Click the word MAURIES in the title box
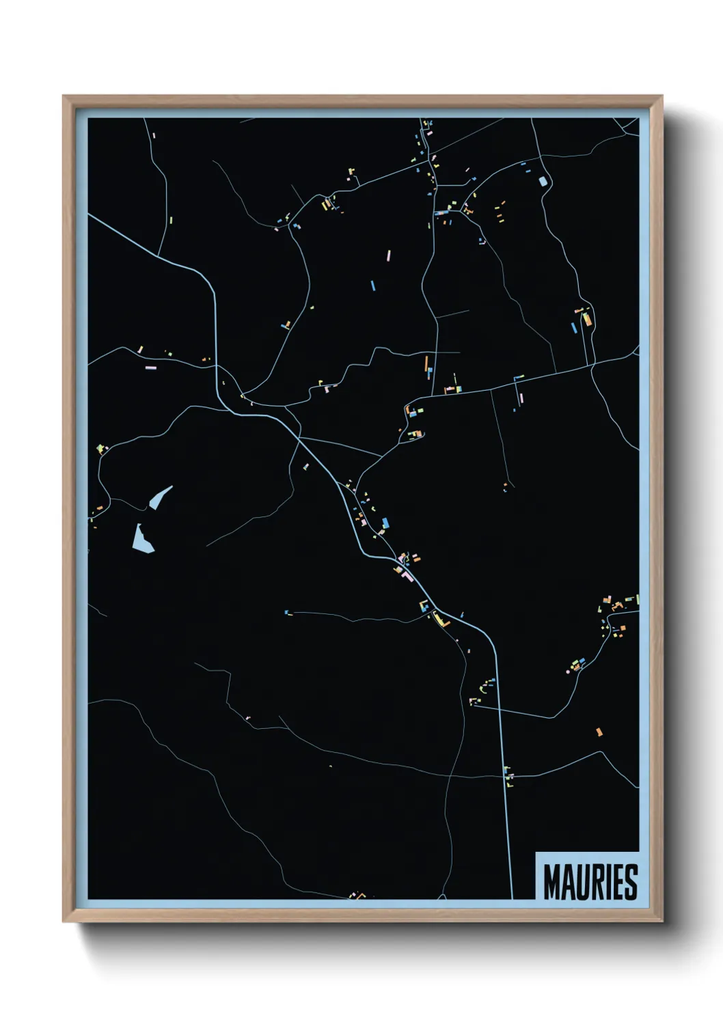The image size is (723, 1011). tap(590, 882)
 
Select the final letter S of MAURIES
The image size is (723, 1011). tap(631, 882)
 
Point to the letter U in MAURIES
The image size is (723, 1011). tap(579, 882)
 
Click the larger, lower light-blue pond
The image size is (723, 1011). tap(142, 539)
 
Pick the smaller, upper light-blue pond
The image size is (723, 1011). tap(160, 497)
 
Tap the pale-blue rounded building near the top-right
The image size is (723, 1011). tap(544, 181)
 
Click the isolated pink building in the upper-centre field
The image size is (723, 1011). tap(388, 255)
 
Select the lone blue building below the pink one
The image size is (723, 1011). tap(372, 285)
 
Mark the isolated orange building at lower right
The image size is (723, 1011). tap(599, 732)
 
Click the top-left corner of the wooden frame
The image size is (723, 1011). tap(64, 97)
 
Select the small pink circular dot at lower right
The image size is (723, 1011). tap(568, 671)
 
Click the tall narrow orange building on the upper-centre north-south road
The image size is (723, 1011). tap(427, 363)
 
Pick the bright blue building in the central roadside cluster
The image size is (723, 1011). tap(385, 523)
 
